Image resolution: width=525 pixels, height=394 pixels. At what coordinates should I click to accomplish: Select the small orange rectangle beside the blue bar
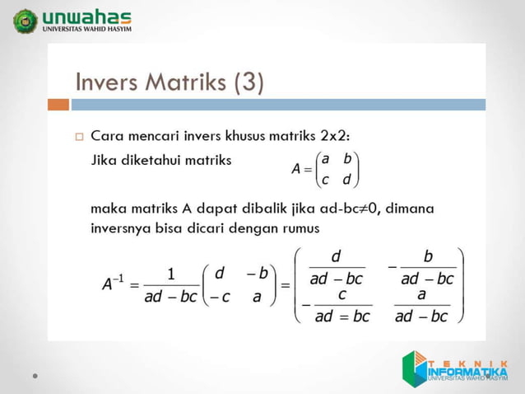[58, 105]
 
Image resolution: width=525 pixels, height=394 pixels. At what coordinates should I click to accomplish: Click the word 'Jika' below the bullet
[104, 161]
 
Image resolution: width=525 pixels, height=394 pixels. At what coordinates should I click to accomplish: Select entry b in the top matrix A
[347, 158]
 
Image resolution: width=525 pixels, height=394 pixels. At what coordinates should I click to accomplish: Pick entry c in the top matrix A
[325, 180]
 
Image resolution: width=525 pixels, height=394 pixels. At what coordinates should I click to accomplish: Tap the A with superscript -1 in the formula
[111, 284]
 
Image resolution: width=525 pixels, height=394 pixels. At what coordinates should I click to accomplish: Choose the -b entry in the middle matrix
[258, 273]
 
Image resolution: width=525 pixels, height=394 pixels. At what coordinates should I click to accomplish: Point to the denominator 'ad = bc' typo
[342, 316]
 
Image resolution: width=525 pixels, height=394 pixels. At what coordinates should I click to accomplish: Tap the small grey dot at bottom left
[35, 375]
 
